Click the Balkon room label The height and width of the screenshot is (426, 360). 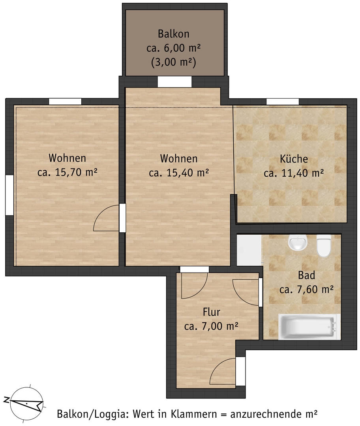pos(173,34)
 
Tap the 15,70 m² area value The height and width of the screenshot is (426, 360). pos(76,172)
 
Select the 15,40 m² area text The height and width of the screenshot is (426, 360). pos(187,173)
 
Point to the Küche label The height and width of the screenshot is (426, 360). pos(294,159)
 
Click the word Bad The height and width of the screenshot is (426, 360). pos(306,275)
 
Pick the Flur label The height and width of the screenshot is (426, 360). pos(211,312)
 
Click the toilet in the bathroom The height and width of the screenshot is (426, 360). pos(324,245)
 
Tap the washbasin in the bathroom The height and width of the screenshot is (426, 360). pos(298,242)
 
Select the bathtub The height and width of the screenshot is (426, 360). pos(309,327)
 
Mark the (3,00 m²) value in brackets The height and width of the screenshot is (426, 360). pos(173,62)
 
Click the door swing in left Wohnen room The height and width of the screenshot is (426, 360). pos(107,218)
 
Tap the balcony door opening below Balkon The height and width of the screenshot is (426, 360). pos(174,82)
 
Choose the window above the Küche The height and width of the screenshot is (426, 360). pos(283,102)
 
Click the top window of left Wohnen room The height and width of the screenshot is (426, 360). pos(65,101)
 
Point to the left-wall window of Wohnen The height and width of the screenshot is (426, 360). pos(9,195)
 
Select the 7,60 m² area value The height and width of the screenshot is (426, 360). pos(316,290)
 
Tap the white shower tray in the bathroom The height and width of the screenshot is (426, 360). pos(249,250)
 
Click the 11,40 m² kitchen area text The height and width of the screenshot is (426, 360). pos(303,173)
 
